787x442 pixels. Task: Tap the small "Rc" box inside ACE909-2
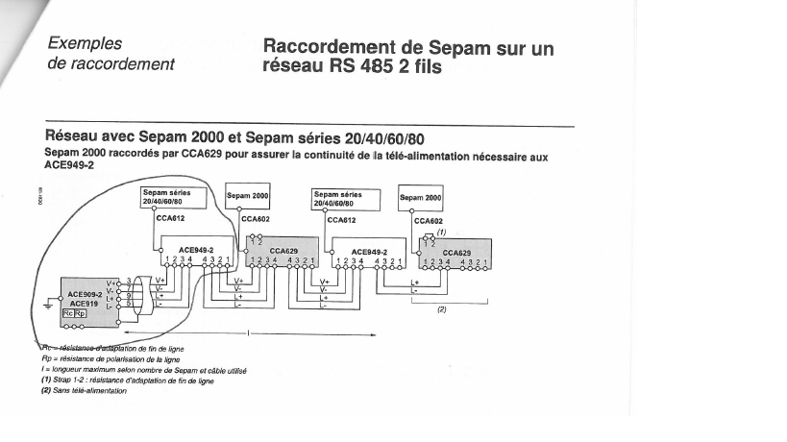coord(68,313)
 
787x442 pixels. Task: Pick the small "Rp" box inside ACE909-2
coord(81,313)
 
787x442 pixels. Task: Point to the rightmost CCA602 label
coord(428,220)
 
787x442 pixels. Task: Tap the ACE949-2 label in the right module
coord(368,251)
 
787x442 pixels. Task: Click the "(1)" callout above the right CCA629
coord(441,232)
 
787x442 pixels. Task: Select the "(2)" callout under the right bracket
coord(443,309)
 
